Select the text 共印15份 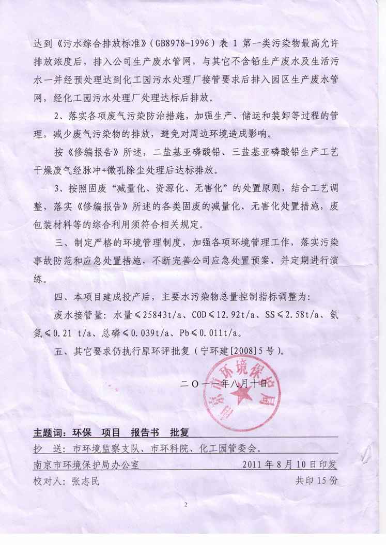(316, 481)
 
